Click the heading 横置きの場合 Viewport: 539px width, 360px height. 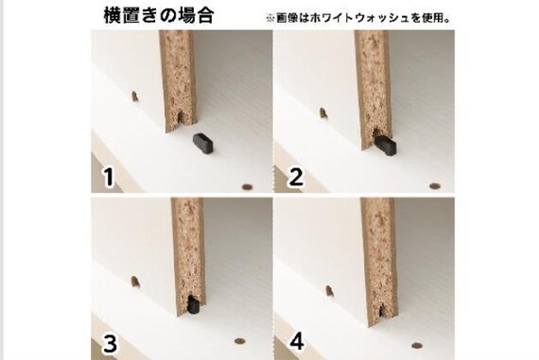point(158,15)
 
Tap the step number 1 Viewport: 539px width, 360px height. point(109,176)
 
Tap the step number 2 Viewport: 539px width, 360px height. point(297,176)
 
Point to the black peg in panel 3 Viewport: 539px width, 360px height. point(192,305)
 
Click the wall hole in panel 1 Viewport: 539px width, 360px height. point(135,96)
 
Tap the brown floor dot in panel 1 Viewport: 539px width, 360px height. point(249,186)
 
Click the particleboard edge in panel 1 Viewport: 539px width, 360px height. point(176,80)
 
